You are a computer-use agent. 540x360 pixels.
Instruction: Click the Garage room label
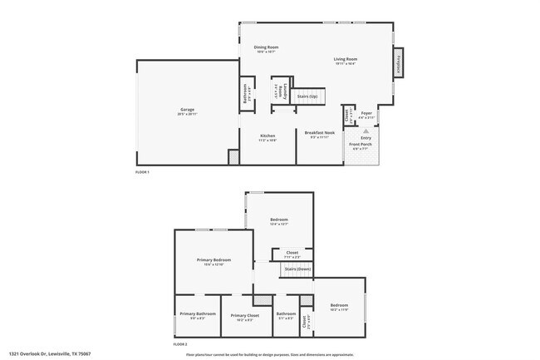click(186, 109)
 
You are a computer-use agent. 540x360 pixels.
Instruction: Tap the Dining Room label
click(266, 47)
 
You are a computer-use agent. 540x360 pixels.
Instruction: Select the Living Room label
click(346, 59)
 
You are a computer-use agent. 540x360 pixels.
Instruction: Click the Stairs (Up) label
click(307, 96)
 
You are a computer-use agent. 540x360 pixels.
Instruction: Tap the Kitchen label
click(268, 136)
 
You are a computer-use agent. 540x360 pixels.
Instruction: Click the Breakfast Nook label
click(319, 133)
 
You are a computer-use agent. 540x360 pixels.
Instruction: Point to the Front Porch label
click(361, 145)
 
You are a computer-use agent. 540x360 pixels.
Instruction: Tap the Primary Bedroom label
click(214, 260)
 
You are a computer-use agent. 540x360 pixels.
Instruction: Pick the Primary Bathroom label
click(198, 313)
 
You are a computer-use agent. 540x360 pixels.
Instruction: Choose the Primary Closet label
click(246, 315)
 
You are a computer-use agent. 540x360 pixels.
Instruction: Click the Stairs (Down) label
click(297, 269)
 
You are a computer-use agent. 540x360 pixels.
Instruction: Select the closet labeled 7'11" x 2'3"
click(292, 254)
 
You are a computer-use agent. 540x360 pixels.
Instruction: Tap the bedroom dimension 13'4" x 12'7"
click(278, 224)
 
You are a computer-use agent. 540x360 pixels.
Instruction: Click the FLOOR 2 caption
click(180, 343)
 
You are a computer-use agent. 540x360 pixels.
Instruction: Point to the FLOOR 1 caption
click(143, 172)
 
